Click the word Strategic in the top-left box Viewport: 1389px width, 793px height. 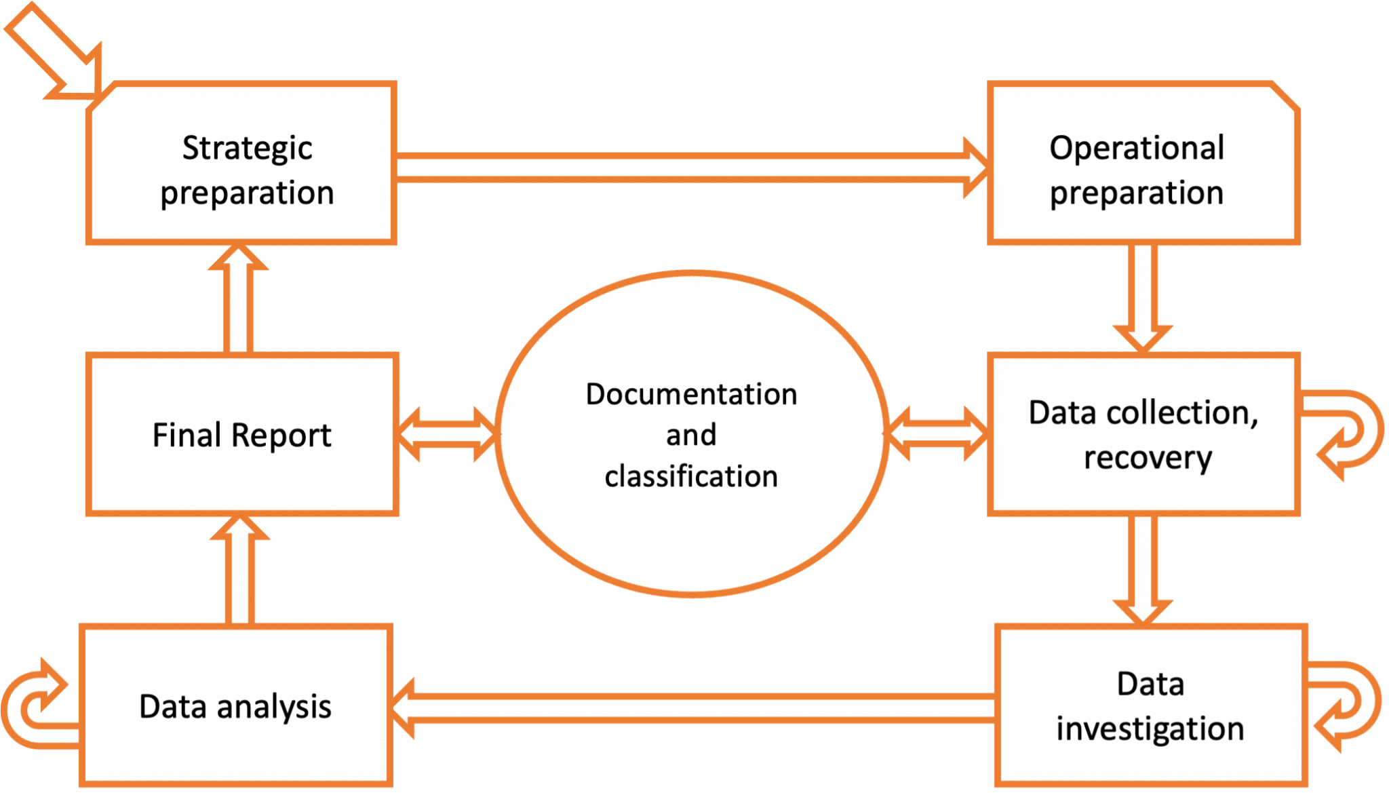pos(247,148)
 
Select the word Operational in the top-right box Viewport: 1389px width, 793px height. pos(1137,148)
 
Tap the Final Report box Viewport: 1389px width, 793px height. pos(241,435)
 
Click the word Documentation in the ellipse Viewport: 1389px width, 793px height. pos(691,394)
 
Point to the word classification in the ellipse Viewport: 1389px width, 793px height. pos(691,476)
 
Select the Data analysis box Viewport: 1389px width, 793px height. pos(235,706)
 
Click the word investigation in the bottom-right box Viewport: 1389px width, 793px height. pos(1150,729)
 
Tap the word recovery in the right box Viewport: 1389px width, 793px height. pos(1148,458)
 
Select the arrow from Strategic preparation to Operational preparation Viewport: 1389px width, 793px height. pos(678,168)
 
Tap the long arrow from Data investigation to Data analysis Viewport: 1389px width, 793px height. pos(692,708)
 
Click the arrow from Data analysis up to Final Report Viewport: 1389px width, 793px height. pos(239,573)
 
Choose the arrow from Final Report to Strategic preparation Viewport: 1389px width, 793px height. pos(238,302)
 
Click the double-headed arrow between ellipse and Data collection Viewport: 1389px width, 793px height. pos(937,434)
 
